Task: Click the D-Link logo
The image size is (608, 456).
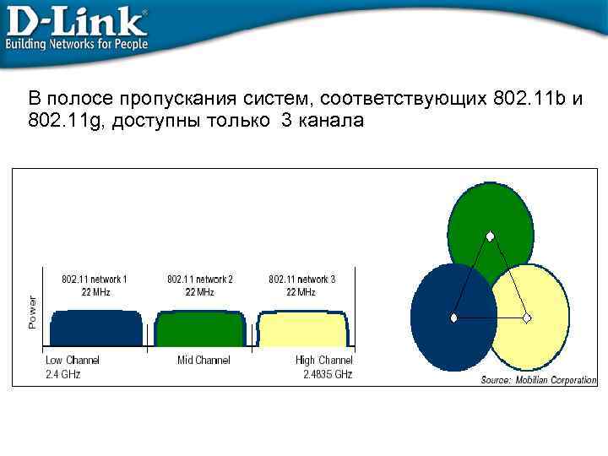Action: click(x=76, y=20)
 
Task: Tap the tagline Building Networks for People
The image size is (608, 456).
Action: click(x=77, y=43)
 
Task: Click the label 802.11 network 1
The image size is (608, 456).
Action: click(x=95, y=279)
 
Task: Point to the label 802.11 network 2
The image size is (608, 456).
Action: click(x=200, y=279)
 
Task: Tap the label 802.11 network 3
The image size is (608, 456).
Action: click(x=302, y=279)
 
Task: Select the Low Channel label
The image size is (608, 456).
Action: click(x=72, y=361)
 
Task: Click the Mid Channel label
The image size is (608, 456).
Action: click(x=204, y=361)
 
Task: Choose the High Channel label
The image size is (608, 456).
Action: click(x=324, y=361)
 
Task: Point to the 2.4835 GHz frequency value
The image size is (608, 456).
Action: click(x=328, y=374)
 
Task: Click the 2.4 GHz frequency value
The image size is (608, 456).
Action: click(x=62, y=374)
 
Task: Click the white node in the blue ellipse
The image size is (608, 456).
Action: click(x=454, y=318)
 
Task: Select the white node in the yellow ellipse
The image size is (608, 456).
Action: click(x=527, y=318)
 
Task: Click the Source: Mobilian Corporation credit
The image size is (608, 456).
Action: click(x=538, y=381)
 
